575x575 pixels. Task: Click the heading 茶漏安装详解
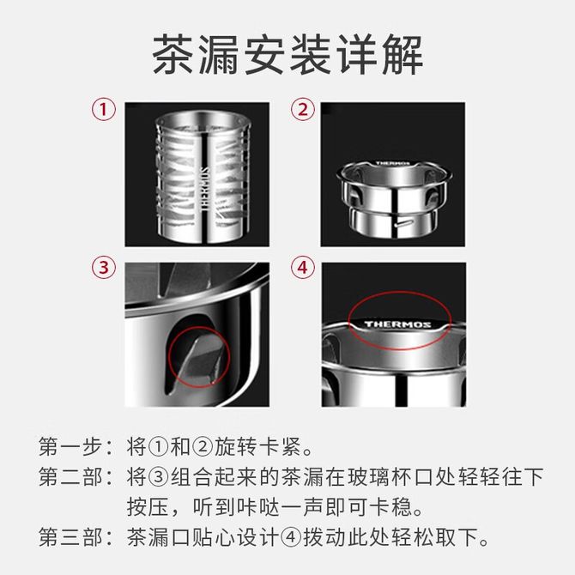click(287, 55)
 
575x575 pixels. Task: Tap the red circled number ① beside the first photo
click(103, 109)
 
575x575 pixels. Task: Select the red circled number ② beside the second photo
click(303, 109)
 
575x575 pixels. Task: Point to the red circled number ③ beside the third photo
click(103, 267)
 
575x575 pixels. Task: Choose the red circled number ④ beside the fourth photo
click(303, 267)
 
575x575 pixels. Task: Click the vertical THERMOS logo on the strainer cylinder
click(205, 189)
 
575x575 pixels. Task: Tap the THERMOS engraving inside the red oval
click(398, 324)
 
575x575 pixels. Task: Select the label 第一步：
click(76, 446)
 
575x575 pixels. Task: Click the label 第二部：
click(76, 476)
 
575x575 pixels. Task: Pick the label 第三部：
click(76, 537)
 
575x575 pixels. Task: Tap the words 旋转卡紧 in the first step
click(258, 446)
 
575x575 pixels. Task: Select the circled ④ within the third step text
click(291, 537)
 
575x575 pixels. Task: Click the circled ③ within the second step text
click(159, 477)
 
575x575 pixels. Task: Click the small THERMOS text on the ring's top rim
click(392, 163)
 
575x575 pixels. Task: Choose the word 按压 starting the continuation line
click(148, 507)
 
